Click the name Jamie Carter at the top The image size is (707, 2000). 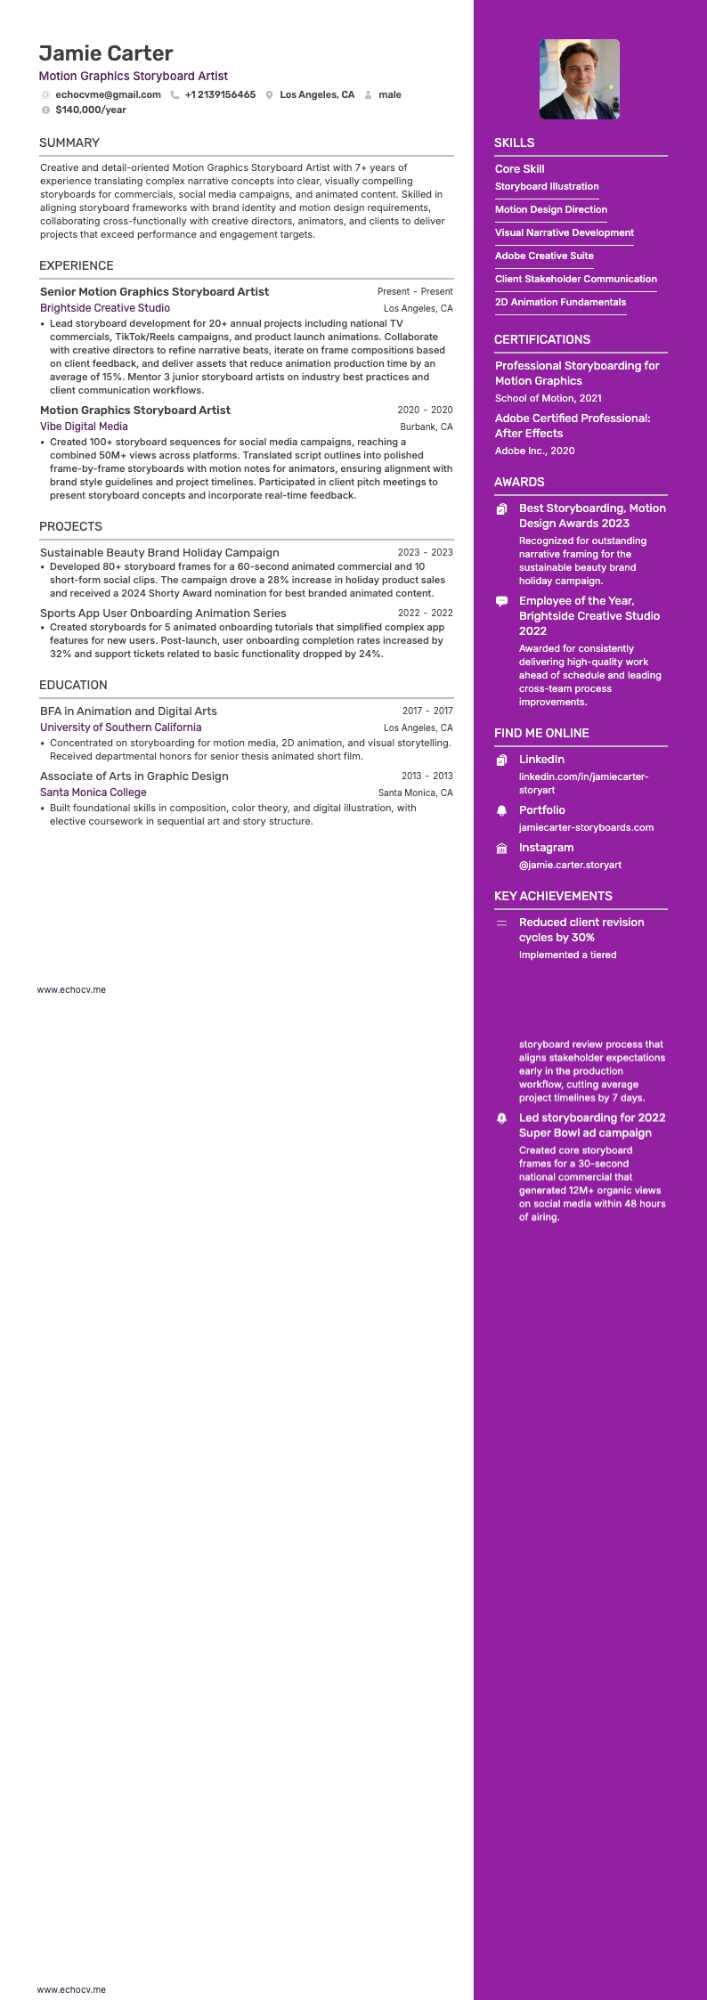(106, 53)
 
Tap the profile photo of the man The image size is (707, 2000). (579, 79)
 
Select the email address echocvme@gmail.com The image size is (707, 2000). (108, 94)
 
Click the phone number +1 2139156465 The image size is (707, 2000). (220, 94)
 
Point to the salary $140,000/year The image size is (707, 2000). (91, 110)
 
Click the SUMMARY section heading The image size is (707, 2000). (69, 142)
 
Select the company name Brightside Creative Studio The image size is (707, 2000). (105, 308)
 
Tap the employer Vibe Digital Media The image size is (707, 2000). (84, 427)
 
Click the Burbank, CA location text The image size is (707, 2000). (426, 427)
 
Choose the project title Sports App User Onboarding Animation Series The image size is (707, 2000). (163, 614)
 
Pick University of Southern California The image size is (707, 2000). (120, 728)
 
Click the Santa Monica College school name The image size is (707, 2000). (93, 793)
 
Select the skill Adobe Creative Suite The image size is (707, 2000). (544, 256)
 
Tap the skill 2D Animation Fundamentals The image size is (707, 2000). (560, 302)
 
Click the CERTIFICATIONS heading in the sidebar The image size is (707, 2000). (542, 339)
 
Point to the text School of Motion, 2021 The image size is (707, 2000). (549, 398)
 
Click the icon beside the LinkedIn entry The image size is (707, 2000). (501, 760)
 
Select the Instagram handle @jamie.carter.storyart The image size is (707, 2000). (570, 865)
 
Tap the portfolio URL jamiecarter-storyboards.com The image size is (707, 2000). (586, 827)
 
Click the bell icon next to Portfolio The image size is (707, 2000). (501, 810)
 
